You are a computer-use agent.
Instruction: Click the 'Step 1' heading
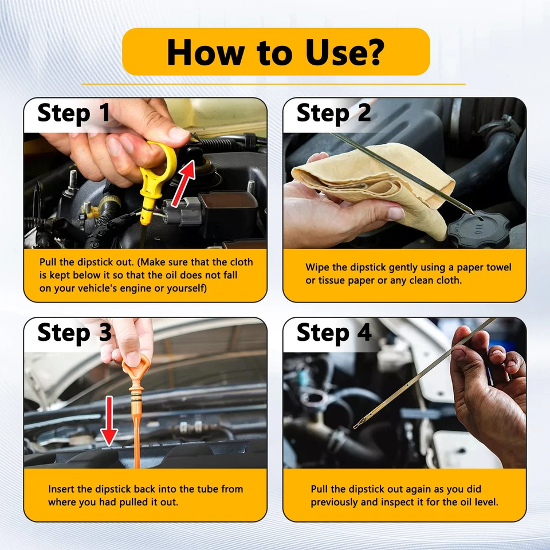(x=74, y=113)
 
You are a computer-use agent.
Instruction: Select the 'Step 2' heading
(x=333, y=113)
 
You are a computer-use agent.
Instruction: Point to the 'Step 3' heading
(x=74, y=333)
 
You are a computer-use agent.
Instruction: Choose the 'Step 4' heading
(x=334, y=333)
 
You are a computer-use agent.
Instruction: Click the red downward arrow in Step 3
(x=109, y=421)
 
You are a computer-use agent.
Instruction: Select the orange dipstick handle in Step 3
(x=136, y=372)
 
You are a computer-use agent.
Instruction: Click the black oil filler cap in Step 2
(x=478, y=229)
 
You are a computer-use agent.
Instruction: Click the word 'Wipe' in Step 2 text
(x=317, y=268)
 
